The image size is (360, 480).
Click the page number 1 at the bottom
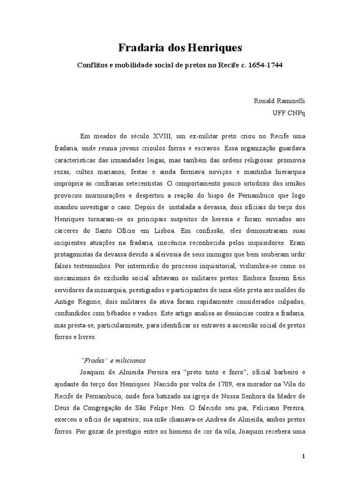pyautogui.click(x=303, y=457)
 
